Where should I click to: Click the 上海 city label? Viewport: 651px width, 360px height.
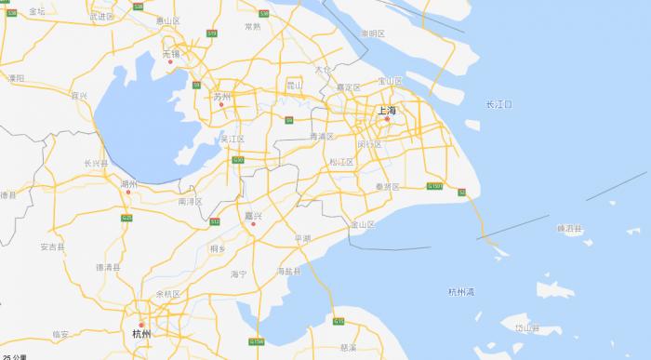(x=387, y=111)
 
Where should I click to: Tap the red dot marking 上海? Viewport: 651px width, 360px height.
(x=388, y=119)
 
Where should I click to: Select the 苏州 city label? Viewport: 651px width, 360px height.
(x=221, y=96)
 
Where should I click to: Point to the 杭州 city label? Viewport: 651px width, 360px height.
(x=141, y=332)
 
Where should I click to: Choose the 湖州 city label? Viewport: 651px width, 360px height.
(x=128, y=184)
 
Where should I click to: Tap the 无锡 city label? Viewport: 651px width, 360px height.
(x=170, y=54)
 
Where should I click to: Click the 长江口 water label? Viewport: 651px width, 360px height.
(x=499, y=104)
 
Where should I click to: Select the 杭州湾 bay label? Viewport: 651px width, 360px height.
(x=458, y=291)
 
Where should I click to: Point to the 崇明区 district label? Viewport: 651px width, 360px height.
(x=372, y=33)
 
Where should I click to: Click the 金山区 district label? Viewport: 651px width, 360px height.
(x=362, y=224)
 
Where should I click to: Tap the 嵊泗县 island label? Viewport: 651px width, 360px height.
(x=569, y=228)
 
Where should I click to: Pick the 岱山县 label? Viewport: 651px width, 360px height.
(x=527, y=327)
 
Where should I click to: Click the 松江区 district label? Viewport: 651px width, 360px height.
(x=342, y=162)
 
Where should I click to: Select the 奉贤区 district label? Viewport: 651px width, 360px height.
(x=387, y=187)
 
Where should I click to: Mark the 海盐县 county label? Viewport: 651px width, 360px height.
(x=289, y=271)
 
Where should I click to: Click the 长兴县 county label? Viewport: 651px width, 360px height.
(x=97, y=163)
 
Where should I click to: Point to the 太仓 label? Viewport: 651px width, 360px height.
(x=323, y=69)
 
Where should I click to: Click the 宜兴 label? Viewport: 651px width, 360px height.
(x=79, y=96)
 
